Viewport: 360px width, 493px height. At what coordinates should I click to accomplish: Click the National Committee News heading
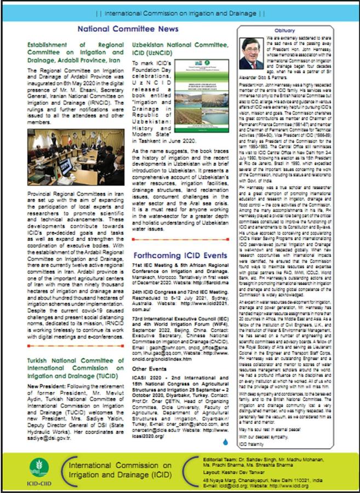127,28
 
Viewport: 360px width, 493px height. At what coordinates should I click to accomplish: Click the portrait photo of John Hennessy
251,53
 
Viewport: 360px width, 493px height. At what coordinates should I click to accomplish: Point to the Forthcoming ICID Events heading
180,255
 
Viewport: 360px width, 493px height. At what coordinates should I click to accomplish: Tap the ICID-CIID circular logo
39,467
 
